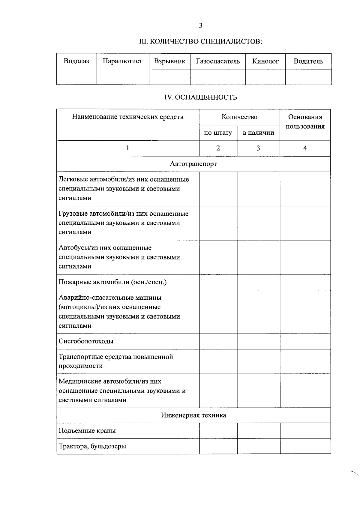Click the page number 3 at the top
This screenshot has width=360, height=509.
200,25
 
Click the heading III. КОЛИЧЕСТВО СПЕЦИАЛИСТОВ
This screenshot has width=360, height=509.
201,41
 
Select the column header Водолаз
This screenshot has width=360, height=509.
76,61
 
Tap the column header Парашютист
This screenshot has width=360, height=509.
122,61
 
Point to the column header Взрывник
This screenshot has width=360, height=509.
169,61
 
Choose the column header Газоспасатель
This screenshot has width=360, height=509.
218,61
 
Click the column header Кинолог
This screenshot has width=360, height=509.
265,61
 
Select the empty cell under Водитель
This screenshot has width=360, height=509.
308,77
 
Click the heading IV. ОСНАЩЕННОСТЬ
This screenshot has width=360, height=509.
201,97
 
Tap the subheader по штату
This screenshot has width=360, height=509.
218,133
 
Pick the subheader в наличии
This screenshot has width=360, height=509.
258,133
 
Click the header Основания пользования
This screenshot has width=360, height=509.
305,121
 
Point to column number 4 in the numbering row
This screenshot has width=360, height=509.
305,148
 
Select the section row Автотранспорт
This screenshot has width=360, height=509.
193,164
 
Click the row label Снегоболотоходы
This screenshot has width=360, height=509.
86,341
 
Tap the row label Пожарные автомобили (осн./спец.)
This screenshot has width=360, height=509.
112,282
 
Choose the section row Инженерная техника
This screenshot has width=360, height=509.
193,415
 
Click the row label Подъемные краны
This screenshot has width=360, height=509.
87,431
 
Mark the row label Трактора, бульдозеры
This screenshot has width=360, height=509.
92,446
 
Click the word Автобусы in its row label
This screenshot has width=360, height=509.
71,248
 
